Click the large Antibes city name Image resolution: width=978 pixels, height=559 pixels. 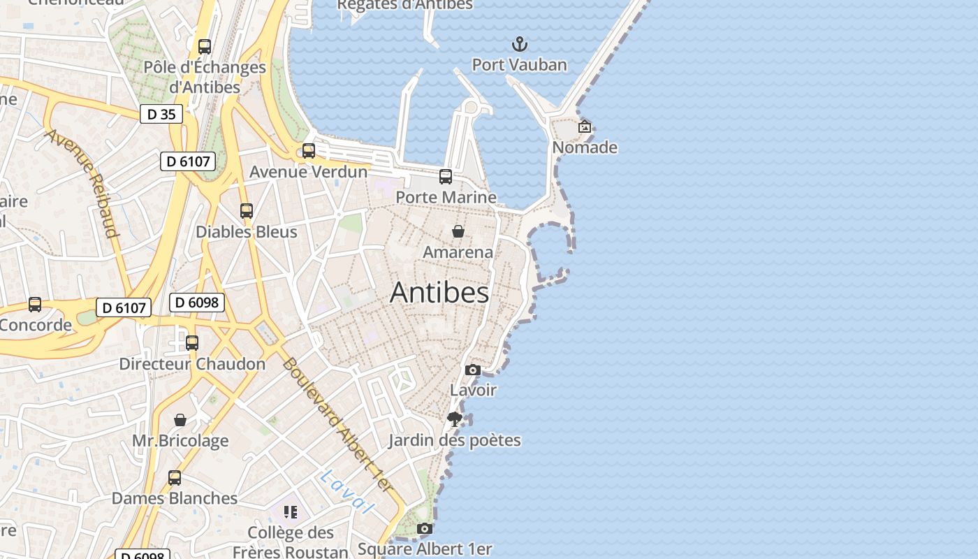[x=439, y=292]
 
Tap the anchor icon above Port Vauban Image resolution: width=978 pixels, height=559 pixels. [x=519, y=45]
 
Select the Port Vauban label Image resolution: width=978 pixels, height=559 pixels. [x=519, y=65]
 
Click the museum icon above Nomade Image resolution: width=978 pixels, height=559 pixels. [x=585, y=126]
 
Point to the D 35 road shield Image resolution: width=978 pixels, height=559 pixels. [x=161, y=114]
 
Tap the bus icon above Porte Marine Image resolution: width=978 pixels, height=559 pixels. [x=446, y=177]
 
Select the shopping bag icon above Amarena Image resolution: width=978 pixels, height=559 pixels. [x=458, y=231]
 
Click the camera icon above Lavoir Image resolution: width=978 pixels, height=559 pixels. [x=473, y=370]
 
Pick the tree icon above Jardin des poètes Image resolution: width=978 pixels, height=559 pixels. [x=455, y=419]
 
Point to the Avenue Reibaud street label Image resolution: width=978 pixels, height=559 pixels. [x=82, y=182]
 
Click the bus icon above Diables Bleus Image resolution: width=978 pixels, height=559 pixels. [x=246, y=210]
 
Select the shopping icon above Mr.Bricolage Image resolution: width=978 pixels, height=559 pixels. [x=180, y=420]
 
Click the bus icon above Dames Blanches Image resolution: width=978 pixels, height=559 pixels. [x=175, y=478]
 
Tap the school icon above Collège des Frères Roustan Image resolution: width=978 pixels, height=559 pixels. [x=291, y=512]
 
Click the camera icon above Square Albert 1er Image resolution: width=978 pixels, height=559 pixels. [x=424, y=529]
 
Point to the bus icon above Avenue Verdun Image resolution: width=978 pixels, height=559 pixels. [x=308, y=151]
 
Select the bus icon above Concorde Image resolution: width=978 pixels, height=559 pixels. [x=35, y=305]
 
